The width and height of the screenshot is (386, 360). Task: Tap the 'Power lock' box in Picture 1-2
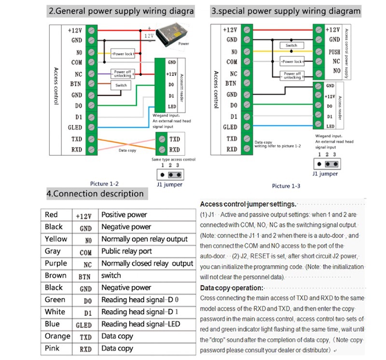(123, 54)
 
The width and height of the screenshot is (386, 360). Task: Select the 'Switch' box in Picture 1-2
(121, 85)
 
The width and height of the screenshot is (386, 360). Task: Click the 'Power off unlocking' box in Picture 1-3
(292, 76)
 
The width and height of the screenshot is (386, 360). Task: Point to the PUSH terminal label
(334, 52)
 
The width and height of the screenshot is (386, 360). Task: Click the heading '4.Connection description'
(95, 194)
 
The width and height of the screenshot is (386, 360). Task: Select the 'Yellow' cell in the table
(56, 239)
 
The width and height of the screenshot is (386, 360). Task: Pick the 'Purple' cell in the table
(56, 263)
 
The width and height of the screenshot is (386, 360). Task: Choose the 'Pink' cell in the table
(54, 348)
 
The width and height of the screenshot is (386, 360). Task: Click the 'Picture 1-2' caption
(104, 184)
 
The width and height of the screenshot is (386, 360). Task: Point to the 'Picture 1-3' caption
(286, 186)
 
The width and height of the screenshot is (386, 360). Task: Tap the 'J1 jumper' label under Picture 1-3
(325, 174)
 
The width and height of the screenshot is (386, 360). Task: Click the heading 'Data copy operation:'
(232, 288)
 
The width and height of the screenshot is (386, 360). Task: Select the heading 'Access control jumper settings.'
(248, 204)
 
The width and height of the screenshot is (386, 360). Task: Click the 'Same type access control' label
(174, 159)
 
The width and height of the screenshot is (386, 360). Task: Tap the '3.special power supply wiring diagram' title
(286, 11)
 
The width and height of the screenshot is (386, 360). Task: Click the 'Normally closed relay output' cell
(147, 264)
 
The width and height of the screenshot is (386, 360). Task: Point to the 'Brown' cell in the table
(55, 275)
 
